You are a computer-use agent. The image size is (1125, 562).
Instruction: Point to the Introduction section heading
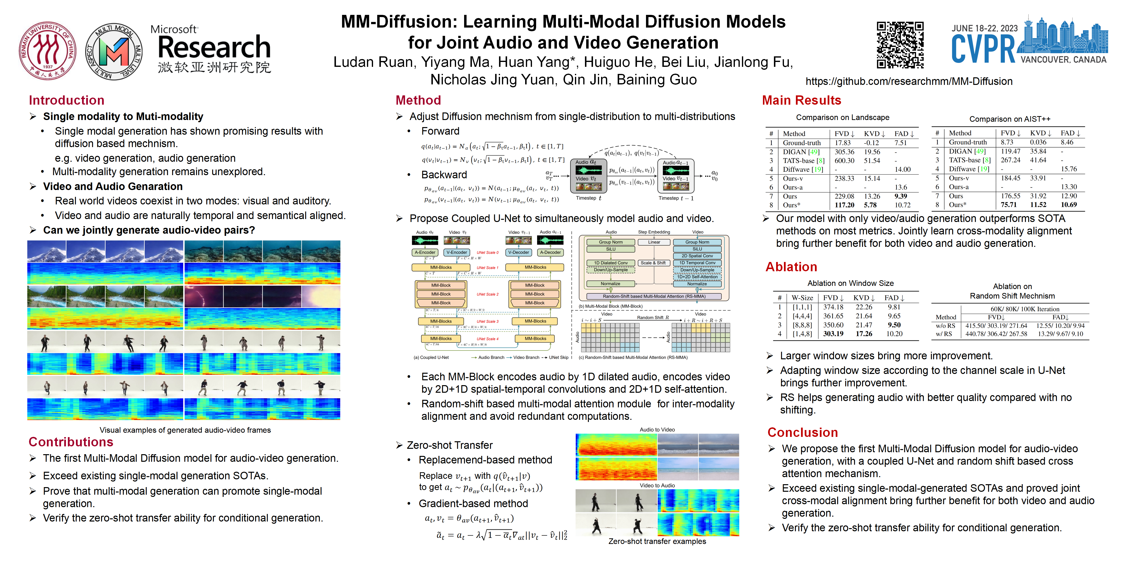click(66, 100)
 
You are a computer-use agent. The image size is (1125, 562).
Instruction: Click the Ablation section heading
click(791, 267)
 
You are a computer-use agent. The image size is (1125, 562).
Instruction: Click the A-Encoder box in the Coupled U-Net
click(425, 252)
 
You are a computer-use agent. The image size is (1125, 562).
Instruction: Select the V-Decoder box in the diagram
click(518, 252)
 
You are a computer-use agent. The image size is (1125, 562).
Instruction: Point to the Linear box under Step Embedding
click(654, 242)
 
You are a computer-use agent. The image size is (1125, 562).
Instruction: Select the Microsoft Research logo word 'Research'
click(214, 47)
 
